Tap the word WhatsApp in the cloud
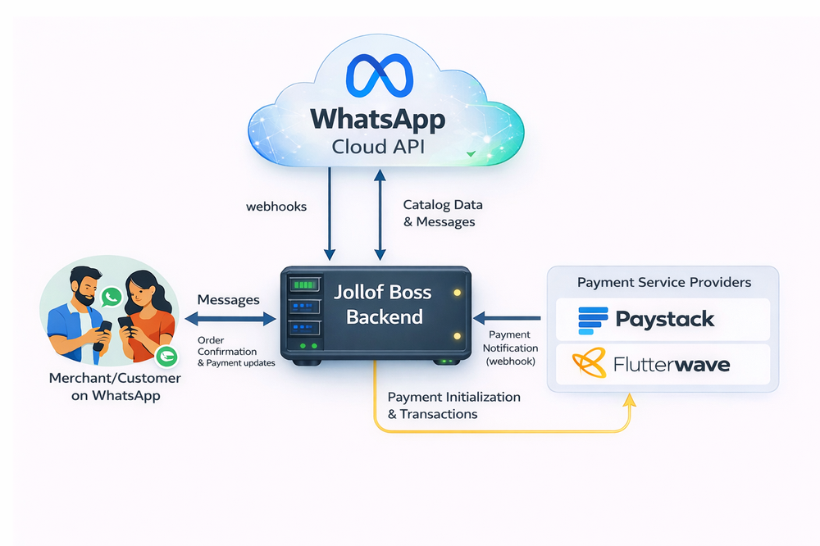(378, 120)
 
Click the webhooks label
(276, 207)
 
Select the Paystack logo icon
(593, 318)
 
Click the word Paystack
(665, 318)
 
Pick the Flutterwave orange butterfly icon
(590, 363)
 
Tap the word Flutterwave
(672, 363)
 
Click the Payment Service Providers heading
(663, 282)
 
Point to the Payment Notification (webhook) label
(510, 348)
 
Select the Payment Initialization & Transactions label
(453, 405)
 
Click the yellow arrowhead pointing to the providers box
(630, 400)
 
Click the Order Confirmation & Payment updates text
(236, 352)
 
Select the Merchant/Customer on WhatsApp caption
(115, 387)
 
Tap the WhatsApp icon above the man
(111, 294)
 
